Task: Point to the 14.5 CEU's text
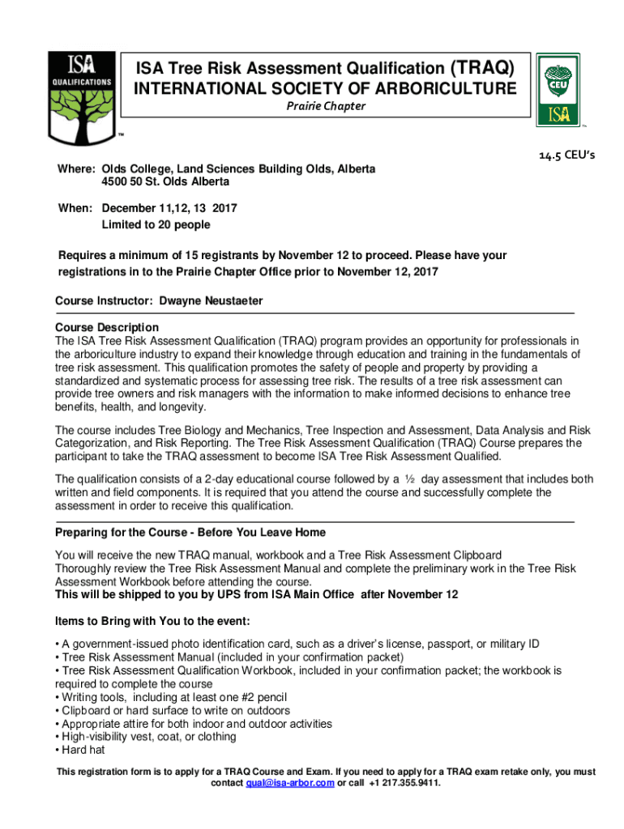566,155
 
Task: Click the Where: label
75,169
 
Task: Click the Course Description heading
107,327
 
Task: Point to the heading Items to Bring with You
152,621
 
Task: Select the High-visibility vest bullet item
146,737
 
